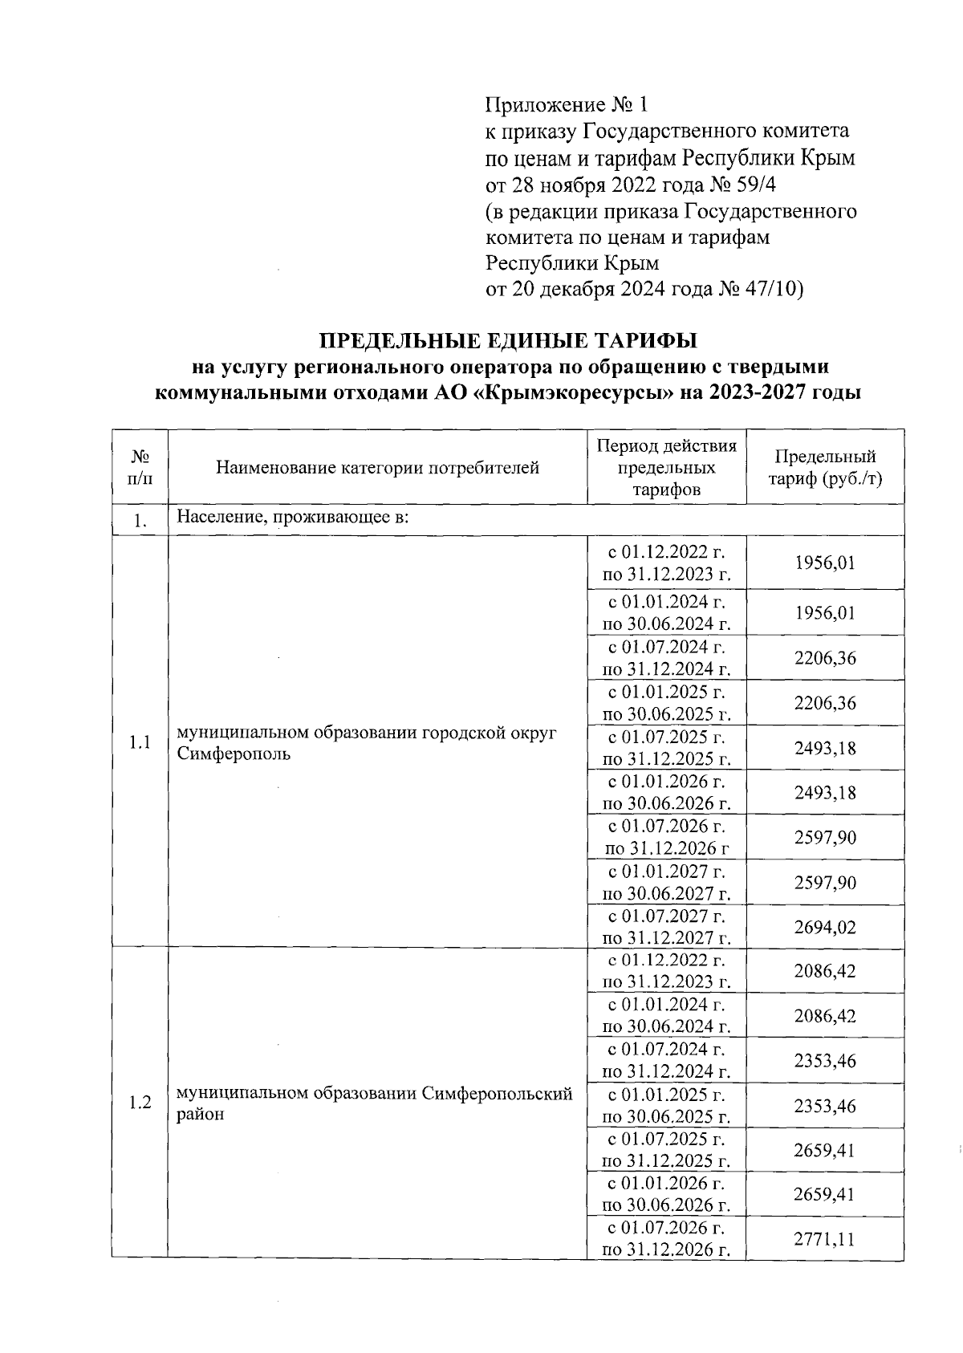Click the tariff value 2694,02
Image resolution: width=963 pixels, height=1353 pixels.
(x=825, y=928)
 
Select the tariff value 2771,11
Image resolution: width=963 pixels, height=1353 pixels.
(x=825, y=1239)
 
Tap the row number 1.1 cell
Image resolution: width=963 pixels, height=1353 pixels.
(x=140, y=743)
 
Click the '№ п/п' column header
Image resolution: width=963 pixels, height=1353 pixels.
(x=140, y=467)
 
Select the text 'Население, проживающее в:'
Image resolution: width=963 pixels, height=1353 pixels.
(x=293, y=518)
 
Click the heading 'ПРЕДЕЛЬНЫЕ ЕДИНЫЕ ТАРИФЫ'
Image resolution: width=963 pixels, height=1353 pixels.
(x=509, y=340)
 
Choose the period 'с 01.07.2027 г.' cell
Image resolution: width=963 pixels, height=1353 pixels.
(x=666, y=916)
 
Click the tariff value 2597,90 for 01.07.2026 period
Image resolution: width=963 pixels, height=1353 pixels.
(x=825, y=838)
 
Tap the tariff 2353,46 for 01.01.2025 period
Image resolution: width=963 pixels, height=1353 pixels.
(x=825, y=1106)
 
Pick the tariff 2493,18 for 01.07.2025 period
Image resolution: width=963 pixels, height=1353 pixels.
(x=825, y=748)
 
